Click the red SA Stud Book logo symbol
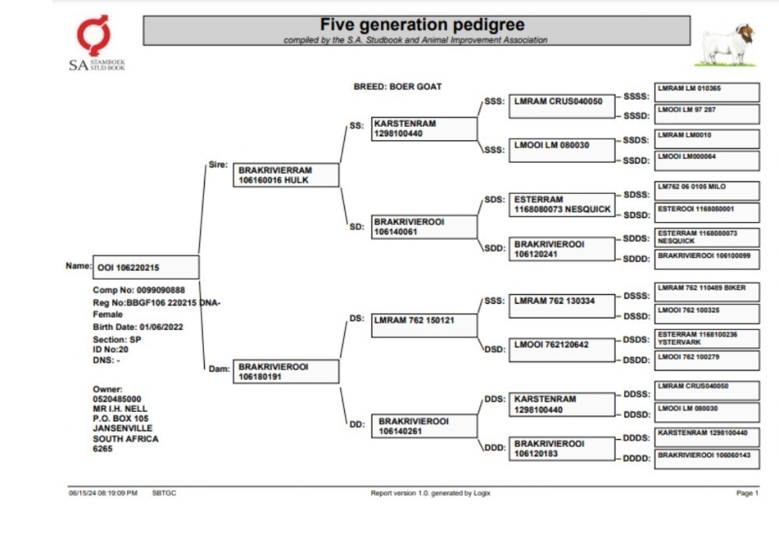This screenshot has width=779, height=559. tap(93, 35)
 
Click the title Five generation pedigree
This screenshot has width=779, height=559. tap(421, 24)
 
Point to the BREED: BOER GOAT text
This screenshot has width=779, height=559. tap(397, 86)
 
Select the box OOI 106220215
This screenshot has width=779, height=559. tap(146, 267)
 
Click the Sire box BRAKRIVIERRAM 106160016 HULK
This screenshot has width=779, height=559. tap(286, 175)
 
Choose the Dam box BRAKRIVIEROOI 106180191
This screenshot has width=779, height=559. tap(286, 371)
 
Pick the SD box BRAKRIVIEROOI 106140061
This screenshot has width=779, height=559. tap(425, 227)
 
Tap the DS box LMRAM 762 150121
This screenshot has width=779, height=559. tap(425, 325)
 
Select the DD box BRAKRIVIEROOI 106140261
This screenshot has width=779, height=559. tap(425, 426)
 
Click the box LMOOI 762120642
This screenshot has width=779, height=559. tap(562, 350)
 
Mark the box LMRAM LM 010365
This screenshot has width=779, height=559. tap(707, 93)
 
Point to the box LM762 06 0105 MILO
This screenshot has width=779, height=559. tap(707, 191)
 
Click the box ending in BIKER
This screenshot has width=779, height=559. tap(707, 292)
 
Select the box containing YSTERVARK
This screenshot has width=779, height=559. tap(707, 339)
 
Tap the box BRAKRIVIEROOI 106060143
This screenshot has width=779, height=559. tap(707, 459)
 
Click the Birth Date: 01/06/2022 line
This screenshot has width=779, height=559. tap(138, 327)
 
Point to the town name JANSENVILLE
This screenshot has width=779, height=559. tap(122, 428)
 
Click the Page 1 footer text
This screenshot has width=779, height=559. tap(747, 493)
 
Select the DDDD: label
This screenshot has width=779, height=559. tap(636, 459)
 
